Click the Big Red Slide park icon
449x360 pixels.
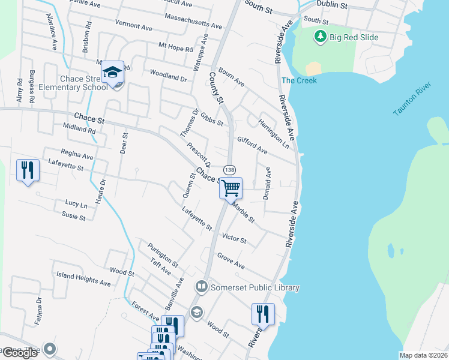321,37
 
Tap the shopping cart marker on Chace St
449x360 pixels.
231,188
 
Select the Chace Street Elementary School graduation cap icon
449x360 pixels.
112,73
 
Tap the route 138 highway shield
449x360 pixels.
229,170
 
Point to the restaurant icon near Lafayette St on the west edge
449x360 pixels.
28,170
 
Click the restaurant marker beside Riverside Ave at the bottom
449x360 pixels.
262,314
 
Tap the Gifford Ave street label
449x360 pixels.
252,145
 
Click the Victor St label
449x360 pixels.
234,238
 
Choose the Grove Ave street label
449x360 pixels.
231,262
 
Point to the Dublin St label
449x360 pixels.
332,5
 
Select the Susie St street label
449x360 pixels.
73,216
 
